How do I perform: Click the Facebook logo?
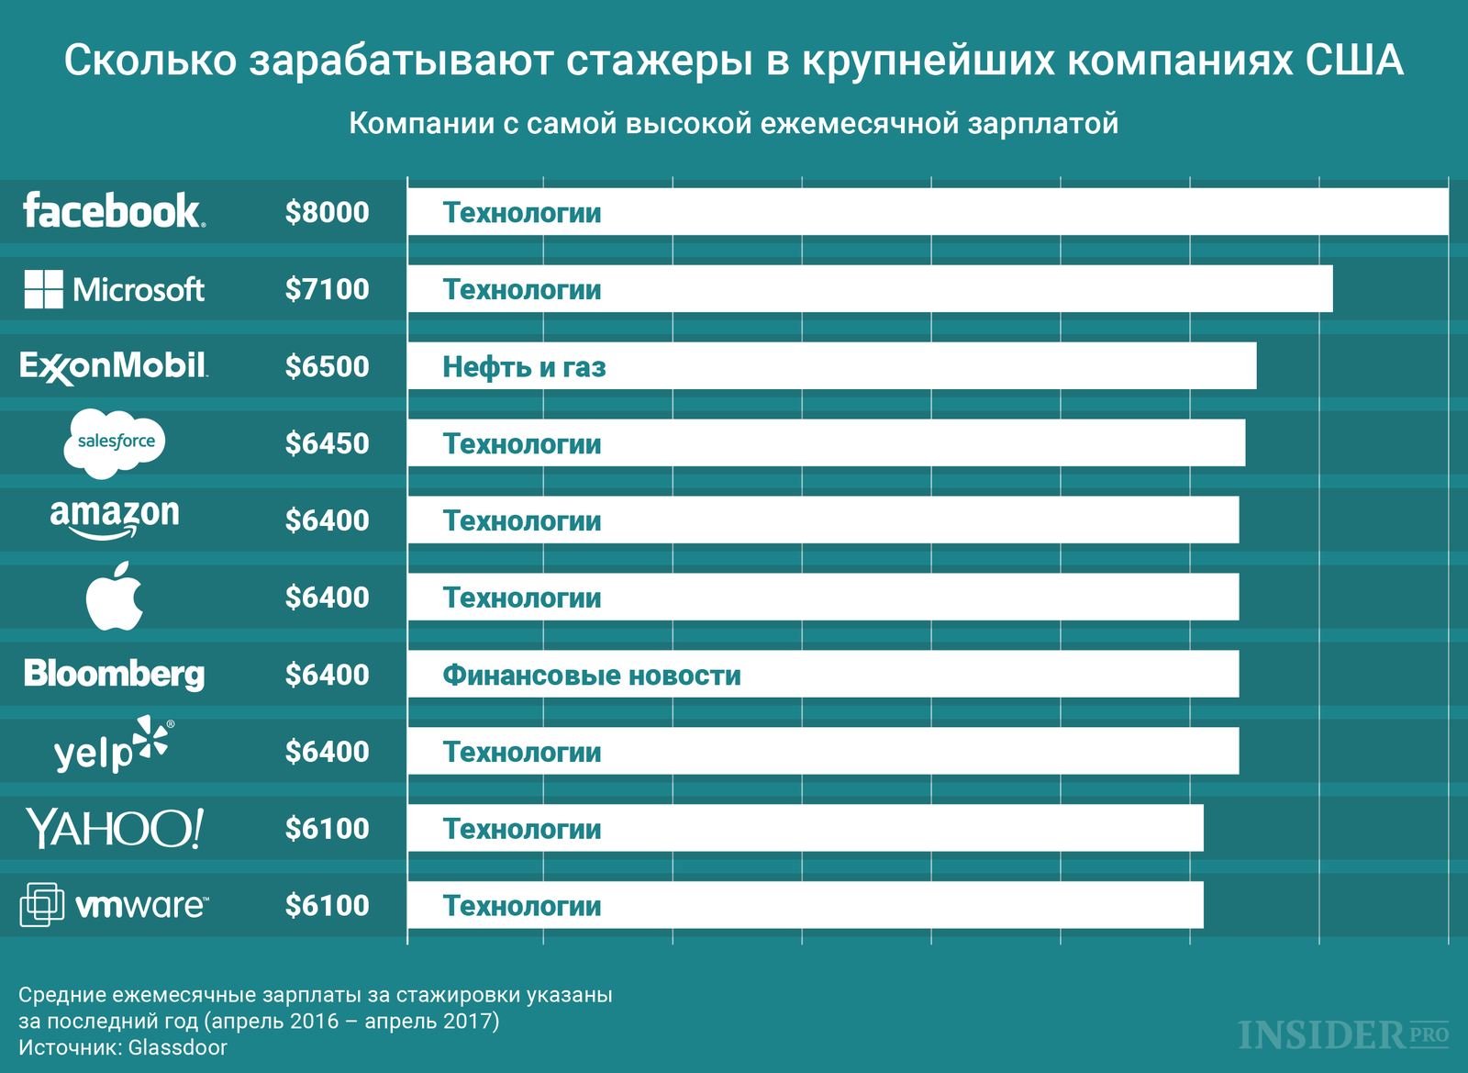(x=114, y=211)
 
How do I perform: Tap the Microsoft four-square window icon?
(x=43, y=289)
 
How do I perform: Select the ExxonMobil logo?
(x=114, y=366)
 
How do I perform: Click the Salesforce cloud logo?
(x=115, y=442)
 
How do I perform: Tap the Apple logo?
(x=115, y=597)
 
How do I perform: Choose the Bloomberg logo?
(x=115, y=674)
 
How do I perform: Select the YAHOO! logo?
(x=115, y=828)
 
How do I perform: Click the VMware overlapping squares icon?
(x=41, y=904)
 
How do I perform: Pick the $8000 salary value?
(x=327, y=212)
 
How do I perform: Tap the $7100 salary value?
(x=327, y=289)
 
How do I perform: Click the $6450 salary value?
(x=327, y=443)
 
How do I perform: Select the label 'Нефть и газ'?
(x=524, y=367)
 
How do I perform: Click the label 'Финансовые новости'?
(x=592, y=676)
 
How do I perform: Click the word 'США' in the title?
(x=1354, y=61)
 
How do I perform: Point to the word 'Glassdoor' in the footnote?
(x=178, y=1047)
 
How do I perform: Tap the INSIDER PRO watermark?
(x=1343, y=1034)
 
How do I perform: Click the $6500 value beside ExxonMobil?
(x=327, y=366)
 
